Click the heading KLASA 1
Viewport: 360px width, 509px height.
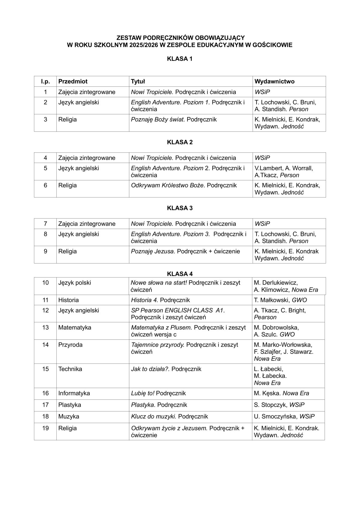tap(180, 59)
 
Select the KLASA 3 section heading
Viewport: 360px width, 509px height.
tap(180, 208)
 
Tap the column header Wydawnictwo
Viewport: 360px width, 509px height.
tap(274, 81)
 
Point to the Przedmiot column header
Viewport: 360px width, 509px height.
tap(73, 81)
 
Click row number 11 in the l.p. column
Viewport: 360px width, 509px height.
tap(45, 300)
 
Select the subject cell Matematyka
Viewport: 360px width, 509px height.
tap(75, 327)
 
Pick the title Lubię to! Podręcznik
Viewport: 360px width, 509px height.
tap(158, 393)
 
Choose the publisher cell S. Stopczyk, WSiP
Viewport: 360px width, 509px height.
tap(279, 405)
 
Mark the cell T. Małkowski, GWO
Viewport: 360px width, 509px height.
tap(280, 300)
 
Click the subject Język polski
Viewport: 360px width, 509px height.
tap(75, 283)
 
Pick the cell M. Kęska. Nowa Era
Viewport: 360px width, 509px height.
tap(281, 393)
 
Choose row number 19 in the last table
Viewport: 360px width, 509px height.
tap(45, 428)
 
